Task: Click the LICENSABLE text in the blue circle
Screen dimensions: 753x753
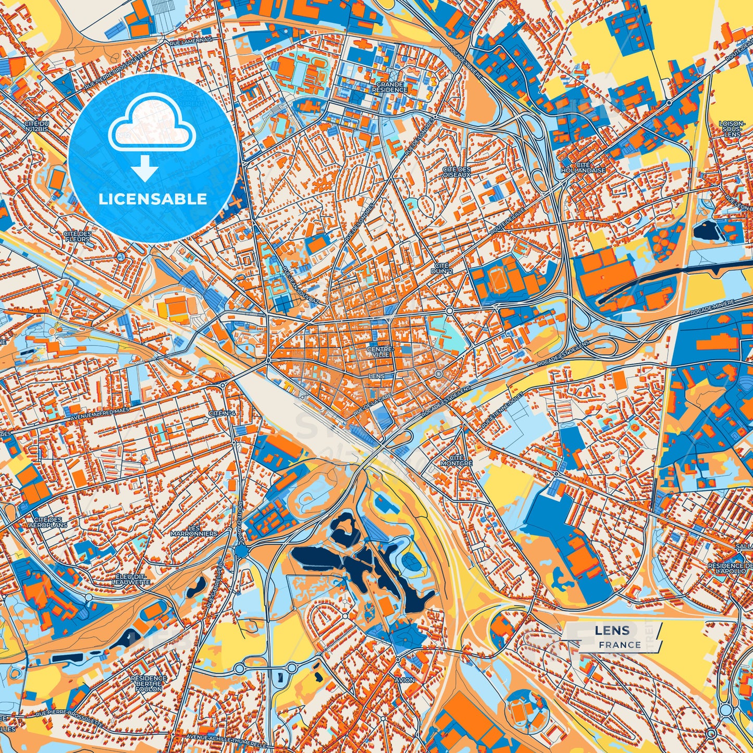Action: (x=154, y=199)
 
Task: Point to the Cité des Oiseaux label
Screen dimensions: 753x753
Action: (x=456, y=172)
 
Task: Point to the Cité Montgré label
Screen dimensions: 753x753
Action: (x=456, y=460)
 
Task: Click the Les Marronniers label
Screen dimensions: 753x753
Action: (x=193, y=531)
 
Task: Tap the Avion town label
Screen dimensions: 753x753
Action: (x=404, y=680)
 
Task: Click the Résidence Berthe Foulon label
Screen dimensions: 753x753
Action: (x=149, y=683)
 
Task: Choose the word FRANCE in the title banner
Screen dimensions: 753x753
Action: (x=619, y=645)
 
